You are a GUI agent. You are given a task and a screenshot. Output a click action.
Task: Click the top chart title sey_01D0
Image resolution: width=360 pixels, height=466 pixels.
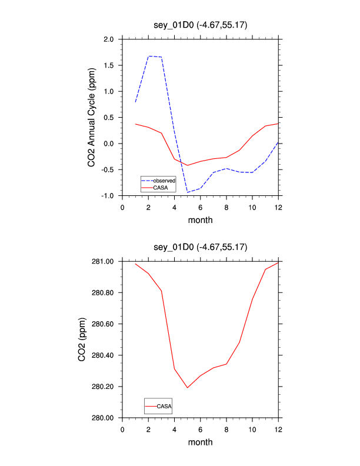(x=200, y=26)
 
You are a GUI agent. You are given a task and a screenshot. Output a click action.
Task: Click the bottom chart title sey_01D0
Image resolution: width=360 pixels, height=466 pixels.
(x=200, y=248)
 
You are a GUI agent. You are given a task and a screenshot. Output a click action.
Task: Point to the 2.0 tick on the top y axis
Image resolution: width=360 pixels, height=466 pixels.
(x=109, y=39)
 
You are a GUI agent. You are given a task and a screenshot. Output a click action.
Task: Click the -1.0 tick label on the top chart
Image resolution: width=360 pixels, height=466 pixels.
(x=108, y=196)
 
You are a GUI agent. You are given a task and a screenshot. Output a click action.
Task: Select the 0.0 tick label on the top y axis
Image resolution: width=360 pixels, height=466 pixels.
(x=109, y=144)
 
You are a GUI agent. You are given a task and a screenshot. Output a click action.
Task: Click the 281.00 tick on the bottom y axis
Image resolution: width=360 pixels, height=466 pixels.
(x=104, y=261)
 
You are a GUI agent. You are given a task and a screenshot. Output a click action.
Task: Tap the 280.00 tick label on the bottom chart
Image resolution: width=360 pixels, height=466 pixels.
(x=104, y=418)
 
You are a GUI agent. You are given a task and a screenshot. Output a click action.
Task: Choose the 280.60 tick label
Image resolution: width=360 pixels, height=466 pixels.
(x=104, y=324)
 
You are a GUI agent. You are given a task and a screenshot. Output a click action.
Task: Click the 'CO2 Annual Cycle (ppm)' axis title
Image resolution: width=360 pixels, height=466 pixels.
(x=92, y=117)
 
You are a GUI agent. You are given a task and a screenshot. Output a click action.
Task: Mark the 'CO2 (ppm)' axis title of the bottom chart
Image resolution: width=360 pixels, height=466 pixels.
(x=82, y=339)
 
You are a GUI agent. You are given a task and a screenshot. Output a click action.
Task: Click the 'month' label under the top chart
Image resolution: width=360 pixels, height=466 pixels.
(x=200, y=220)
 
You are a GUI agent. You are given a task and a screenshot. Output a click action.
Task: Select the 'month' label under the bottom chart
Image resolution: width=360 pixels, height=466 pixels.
(x=200, y=442)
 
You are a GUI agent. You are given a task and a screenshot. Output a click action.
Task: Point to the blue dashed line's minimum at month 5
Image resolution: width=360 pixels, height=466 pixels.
(x=187, y=192)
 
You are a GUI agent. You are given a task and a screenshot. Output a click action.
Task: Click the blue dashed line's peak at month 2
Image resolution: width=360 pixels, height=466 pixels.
(x=148, y=56)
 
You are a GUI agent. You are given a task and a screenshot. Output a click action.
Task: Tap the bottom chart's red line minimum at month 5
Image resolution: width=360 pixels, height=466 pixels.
(x=187, y=388)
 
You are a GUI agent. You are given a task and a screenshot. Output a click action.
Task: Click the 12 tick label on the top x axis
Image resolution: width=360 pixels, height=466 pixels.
(x=278, y=207)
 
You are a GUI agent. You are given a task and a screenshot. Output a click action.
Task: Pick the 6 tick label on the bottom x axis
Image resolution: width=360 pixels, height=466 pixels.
(x=200, y=429)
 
